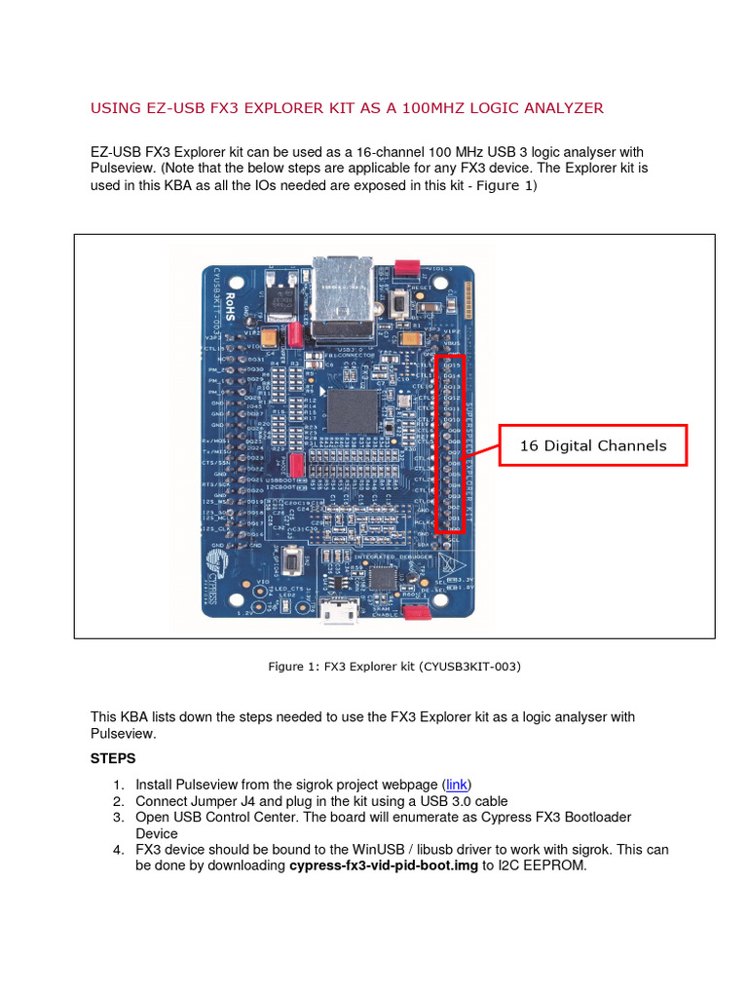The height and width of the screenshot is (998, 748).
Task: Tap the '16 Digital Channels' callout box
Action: pos(593,445)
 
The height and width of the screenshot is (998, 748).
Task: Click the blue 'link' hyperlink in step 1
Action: pos(456,785)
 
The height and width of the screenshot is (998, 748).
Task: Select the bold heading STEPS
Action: pos(113,757)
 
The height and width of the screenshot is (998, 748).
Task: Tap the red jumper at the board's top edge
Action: pos(406,266)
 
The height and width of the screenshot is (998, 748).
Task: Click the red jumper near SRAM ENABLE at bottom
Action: pos(416,612)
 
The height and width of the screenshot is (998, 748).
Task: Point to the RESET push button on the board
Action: pos(397,305)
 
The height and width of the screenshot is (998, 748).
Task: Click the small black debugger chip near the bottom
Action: pos(380,577)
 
